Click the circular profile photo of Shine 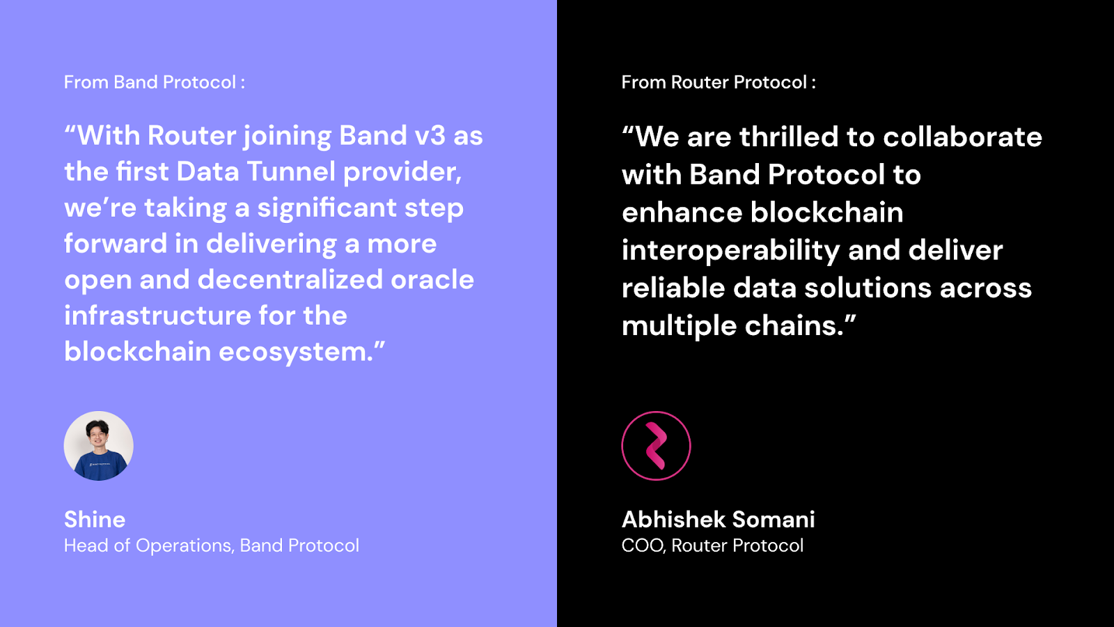tap(98, 446)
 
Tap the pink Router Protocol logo tap(656, 446)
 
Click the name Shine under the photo tap(95, 520)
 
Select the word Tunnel tap(291, 171)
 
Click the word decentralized tap(290, 279)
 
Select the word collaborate tap(962, 137)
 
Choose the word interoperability tap(730, 251)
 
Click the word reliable tap(673, 288)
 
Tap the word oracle tap(432, 279)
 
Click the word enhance tap(682, 212)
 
